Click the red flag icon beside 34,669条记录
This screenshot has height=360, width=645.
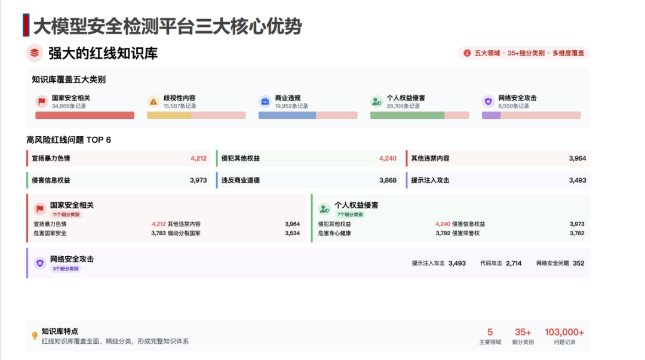(x=42, y=101)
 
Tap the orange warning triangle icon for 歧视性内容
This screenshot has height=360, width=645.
(x=153, y=101)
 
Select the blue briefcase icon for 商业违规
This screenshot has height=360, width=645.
(x=265, y=101)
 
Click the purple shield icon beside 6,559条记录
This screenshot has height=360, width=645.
(x=488, y=101)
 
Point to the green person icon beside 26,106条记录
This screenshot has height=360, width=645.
(x=376, y=101)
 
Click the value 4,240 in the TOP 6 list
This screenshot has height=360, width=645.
(x=388, y=158)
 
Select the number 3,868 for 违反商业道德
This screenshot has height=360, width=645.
(x=388, y=180)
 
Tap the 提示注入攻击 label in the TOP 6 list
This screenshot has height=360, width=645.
(x=430, y=180)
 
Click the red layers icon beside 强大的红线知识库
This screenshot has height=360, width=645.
(x=35, y=53)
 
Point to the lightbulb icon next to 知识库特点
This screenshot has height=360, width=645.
(x=35, y=336)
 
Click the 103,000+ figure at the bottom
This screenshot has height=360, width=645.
(x=564, y=332)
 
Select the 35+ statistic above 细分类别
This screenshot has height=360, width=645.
(x=523, y=332)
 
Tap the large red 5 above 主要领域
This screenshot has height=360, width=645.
(x=490, y=332)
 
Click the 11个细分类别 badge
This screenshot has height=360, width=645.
(x=66, y=215)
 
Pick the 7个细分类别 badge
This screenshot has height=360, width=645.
(x=350, y=215)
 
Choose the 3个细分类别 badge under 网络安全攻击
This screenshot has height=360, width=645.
(x=66, y=269)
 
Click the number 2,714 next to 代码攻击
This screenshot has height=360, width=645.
(x=514, y=263)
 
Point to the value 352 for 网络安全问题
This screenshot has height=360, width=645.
(x=578, y=263)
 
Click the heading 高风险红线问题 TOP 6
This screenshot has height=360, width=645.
(x=69, y=140)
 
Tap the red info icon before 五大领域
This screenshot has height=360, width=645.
(x=467, y=53)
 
